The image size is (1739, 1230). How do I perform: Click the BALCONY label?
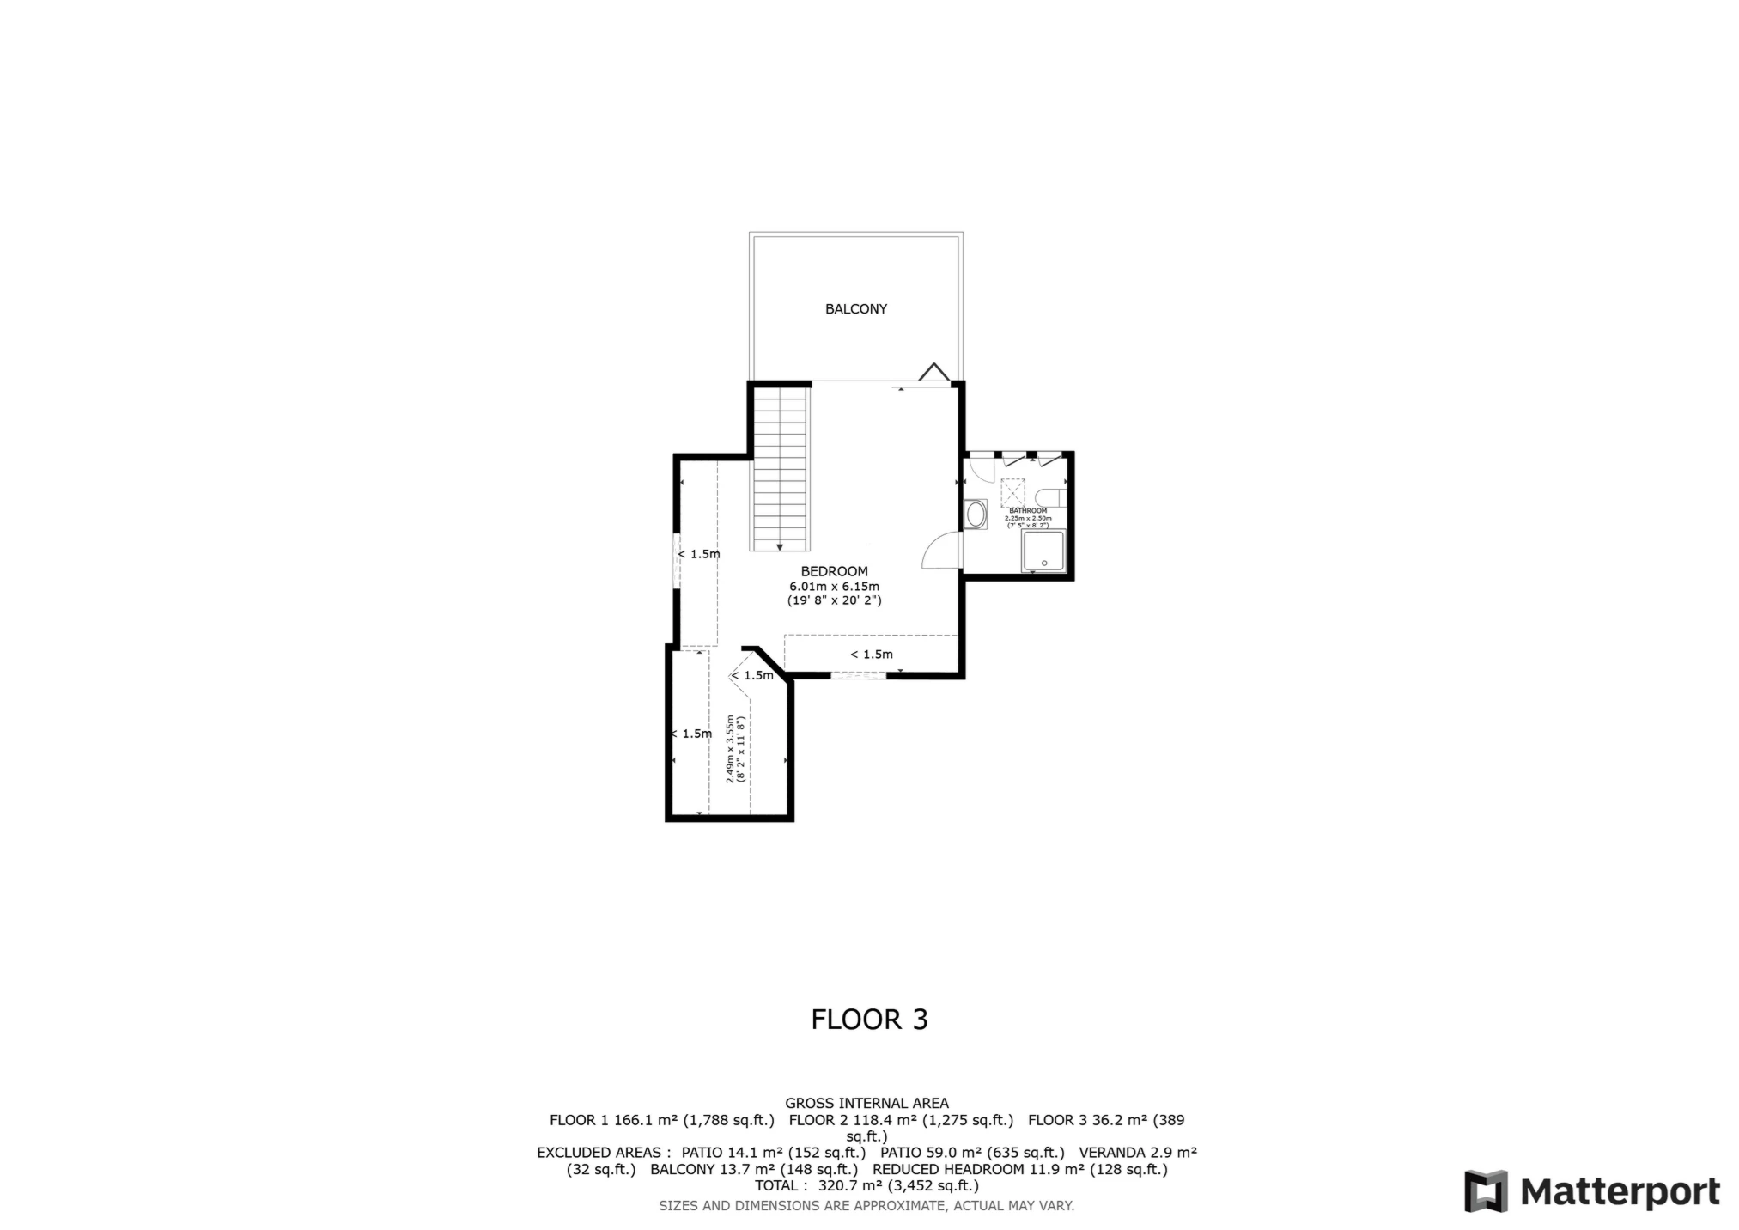click(855, 309)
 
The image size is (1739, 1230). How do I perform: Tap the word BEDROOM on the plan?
click(834, 571)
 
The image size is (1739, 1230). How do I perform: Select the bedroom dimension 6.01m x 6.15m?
click(834, 587)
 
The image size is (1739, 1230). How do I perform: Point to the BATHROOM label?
click(1028, 510)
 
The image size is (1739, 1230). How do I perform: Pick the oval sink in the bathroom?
click(976, 515)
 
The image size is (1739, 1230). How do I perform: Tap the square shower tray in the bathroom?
click(1043, 551)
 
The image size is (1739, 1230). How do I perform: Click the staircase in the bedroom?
click(781, 468)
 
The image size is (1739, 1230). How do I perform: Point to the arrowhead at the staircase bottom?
click(780, 546)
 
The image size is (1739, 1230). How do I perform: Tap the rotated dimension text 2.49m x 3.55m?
click(735, 748)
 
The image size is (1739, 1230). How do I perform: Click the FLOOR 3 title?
click(869, 1020)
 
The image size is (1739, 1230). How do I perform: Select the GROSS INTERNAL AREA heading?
click(866, 1103)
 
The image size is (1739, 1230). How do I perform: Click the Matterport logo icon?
click(1485, 1191)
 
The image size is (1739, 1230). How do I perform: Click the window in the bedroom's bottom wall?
click(858, 676)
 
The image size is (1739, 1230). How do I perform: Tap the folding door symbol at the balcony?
click(933, 372)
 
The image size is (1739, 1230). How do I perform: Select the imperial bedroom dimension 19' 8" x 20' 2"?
click(834, 601)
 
